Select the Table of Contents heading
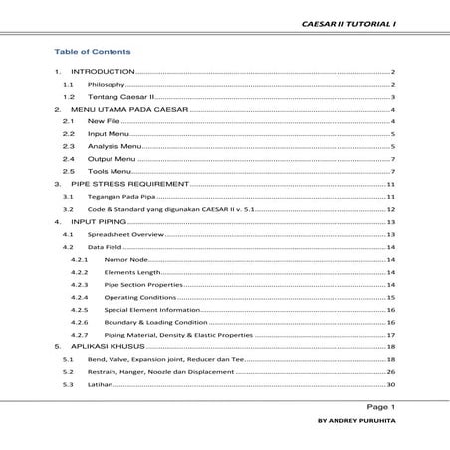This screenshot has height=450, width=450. point(93,51)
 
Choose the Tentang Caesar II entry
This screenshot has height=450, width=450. point(118,98)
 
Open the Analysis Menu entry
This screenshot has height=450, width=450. point(115,146)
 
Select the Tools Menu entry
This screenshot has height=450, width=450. point(110,171)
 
